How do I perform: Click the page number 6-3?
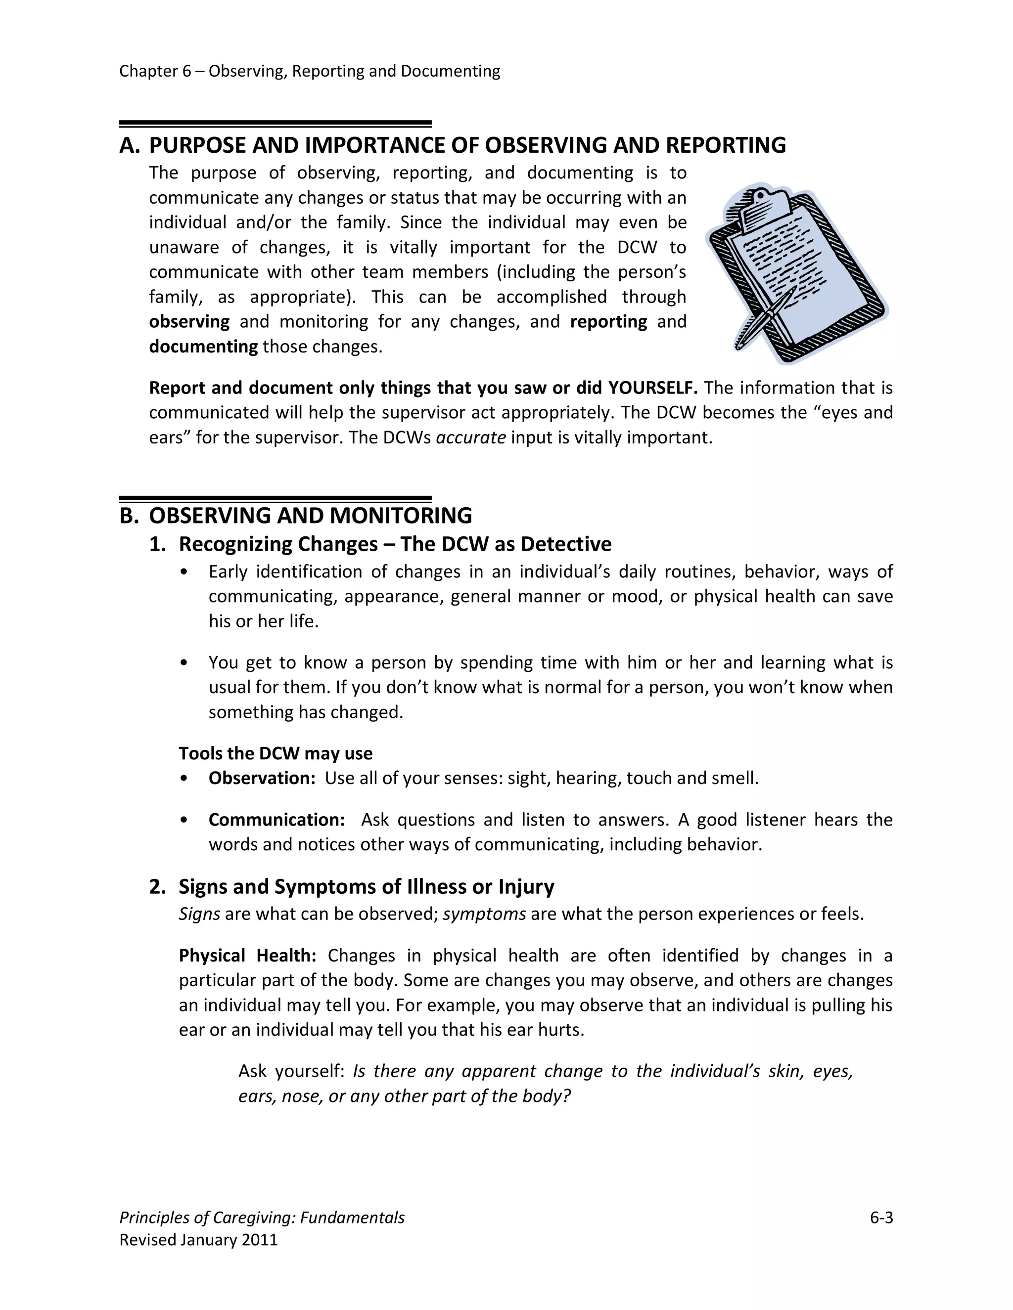(x=881, y=1218)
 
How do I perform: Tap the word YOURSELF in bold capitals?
(x=652, y=388)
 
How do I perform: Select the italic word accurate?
(x=470, y=438)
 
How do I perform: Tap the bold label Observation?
(x=262, y=778)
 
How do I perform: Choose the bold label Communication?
(x=276, y=820)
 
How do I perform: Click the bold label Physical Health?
(x=247, y=956)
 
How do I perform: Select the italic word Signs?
(x=199, y=914)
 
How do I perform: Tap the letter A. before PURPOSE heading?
(x=129, y=146)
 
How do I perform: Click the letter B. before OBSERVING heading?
(x=129, y=516)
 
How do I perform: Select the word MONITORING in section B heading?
(x=400, y=516)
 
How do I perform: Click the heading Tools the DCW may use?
(x=276, y=753)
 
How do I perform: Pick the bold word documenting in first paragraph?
(x=203, y=347)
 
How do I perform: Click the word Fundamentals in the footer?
(x=352, y=1218)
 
